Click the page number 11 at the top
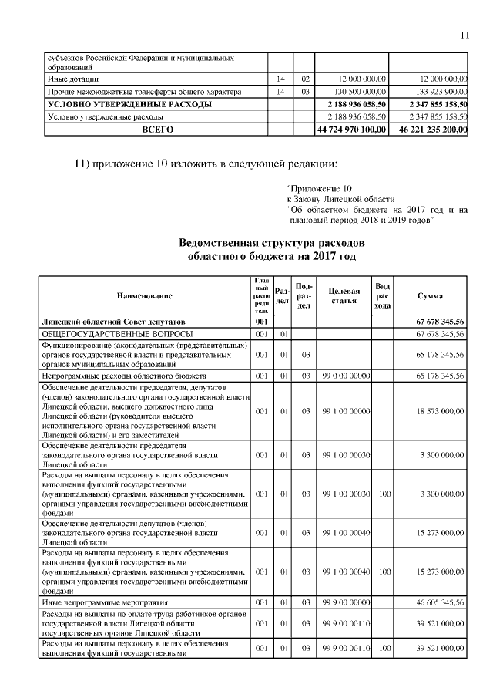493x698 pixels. (x=464, y=35)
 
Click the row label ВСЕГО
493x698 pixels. (x=158, y=130)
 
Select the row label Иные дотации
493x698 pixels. (x=72, y=79)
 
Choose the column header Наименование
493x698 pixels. (x=145, y=295)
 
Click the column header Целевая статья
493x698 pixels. (x=344, y=295)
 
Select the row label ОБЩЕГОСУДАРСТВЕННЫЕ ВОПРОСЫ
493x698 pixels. (x=103, y=333)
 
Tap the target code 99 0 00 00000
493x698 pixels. (x=346, y=375)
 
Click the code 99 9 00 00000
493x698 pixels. (x=346, y=600)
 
